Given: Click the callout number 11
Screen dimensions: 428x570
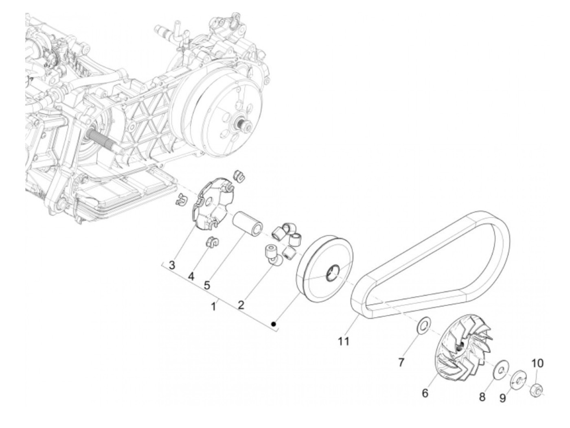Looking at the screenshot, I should pyautogui.click(x=344, y=341).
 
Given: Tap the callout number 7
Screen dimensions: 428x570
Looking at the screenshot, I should pyautogui.click(x=401, y=362).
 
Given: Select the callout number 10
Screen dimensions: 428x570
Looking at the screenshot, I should pyautogui.click(x=537, y=362).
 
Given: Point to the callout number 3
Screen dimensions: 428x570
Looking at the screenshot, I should pyautogui.click(x=172, y=265).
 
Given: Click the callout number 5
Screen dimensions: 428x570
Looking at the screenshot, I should pyautogui.click(x=207, y=285).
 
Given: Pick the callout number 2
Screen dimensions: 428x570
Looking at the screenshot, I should pyautogui.click(x=241, y=304).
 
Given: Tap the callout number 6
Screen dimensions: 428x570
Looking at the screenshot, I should pyautogui.click(x=425, y=393).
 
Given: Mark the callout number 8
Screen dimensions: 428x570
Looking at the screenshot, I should pyautogui.click(x=482, y=397).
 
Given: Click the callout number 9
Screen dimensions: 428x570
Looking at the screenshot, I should pyautogui.click(x=503, y=398).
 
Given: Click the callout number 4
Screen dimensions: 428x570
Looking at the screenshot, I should pyautogui.click(x=191, y=276).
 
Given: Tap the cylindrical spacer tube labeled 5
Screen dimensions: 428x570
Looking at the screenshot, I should pyautogui.click(x=247, y=223).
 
